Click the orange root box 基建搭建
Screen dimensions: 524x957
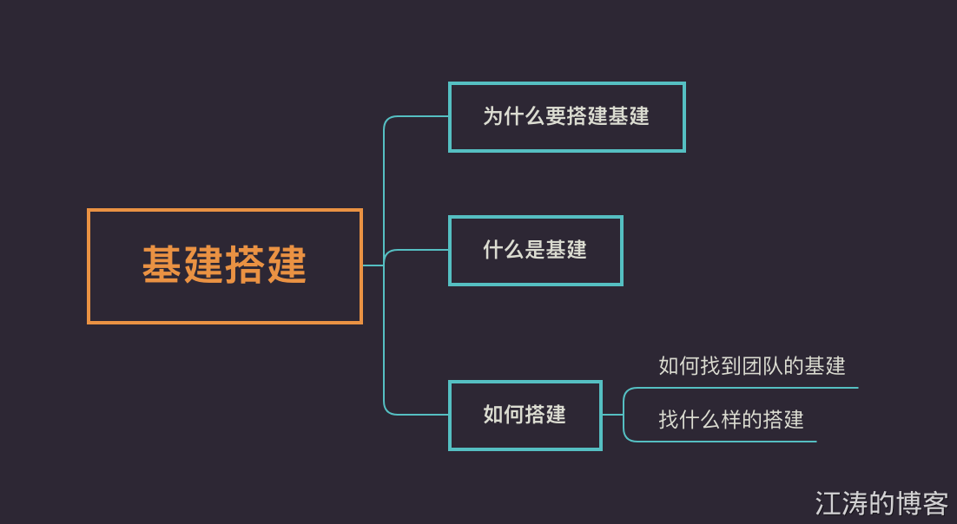[x=224, y=266]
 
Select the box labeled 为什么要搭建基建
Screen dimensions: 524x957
[x=566, y=117]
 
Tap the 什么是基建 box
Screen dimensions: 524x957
[x=535, y=251]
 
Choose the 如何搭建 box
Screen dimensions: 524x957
[x=525, y=416]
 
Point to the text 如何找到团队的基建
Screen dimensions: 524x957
[x=752, y=366]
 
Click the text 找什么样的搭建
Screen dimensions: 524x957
[x=731, y=421]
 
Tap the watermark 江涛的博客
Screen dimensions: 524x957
[x=881, y=503]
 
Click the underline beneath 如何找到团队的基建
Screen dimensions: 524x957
[x=747, y=388]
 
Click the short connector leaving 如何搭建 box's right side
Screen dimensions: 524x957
[x=612, y=415]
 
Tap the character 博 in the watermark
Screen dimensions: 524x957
[x=909, y=503]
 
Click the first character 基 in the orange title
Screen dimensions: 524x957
[x=162, y=265]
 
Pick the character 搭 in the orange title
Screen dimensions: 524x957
[x=245, y=265]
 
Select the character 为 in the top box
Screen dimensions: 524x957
[x=493, y=117]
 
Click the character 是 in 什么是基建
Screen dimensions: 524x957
[x=535, y=251]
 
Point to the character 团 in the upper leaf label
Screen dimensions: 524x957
[x=752, y=366]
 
